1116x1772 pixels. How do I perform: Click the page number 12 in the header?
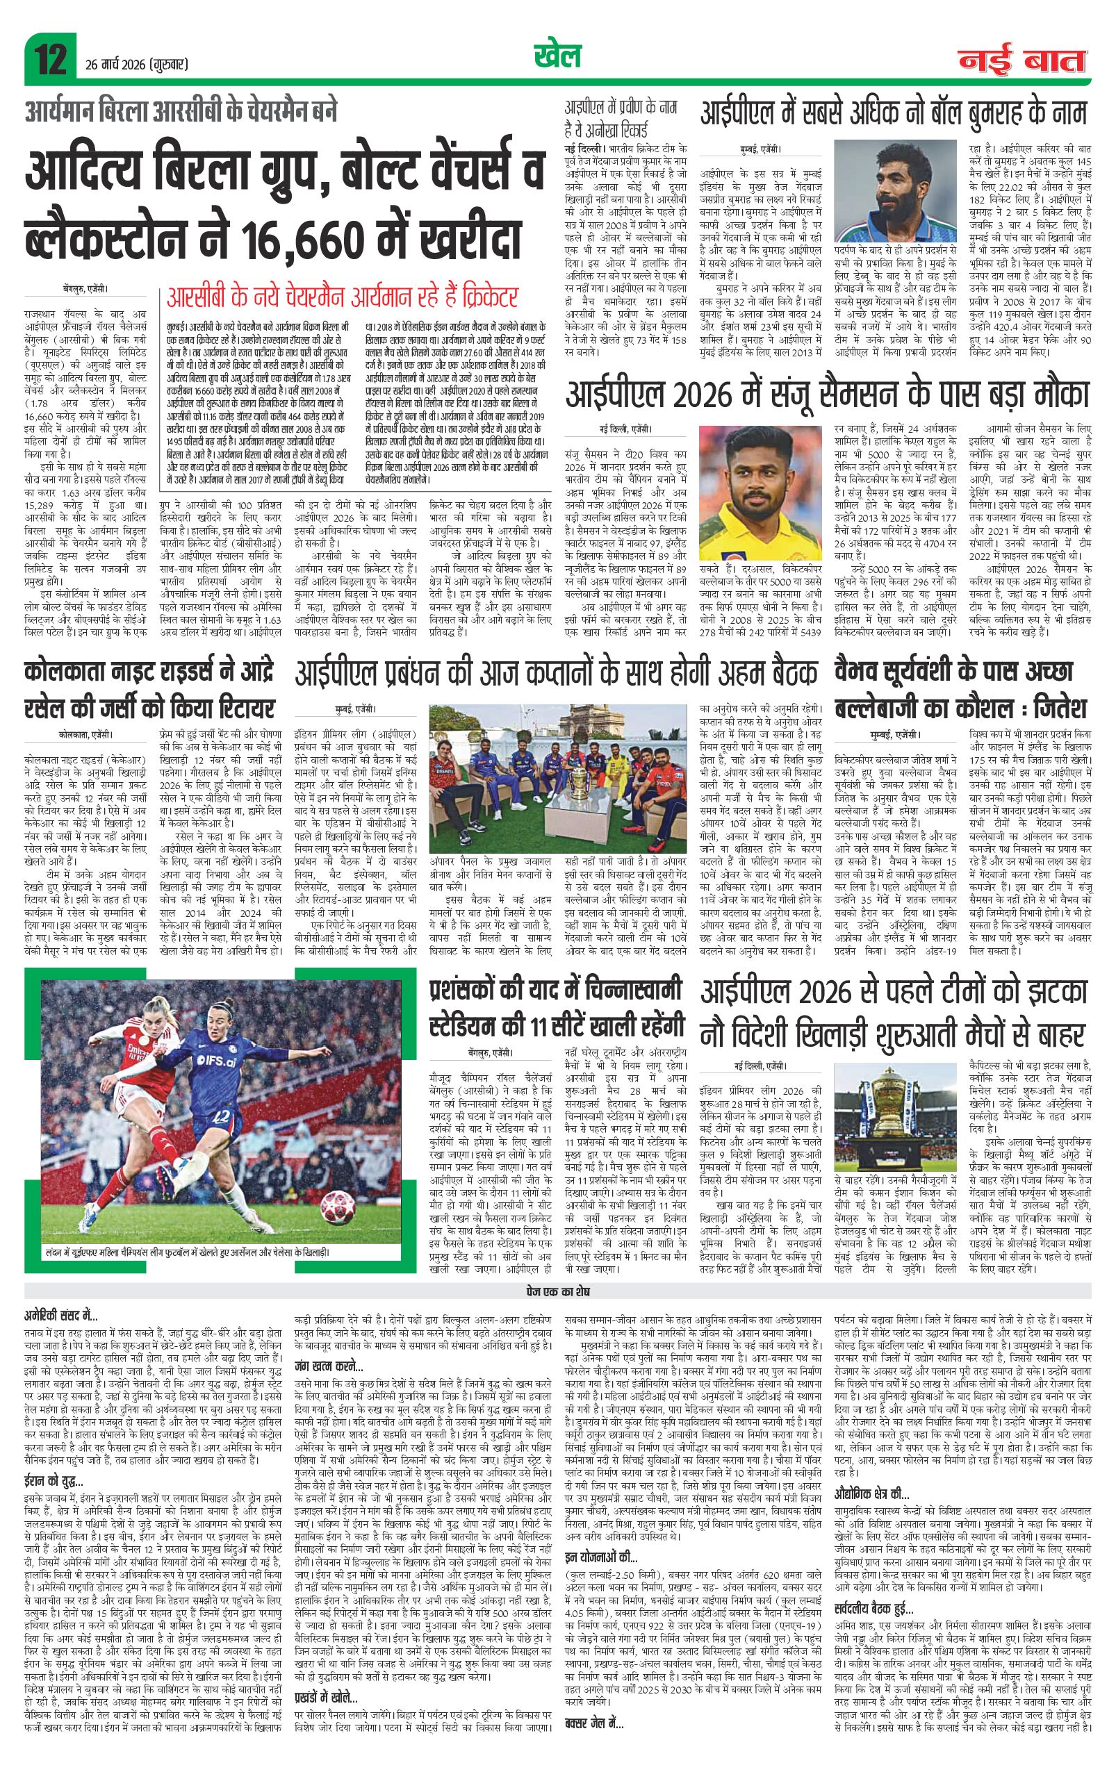tap(49, 57)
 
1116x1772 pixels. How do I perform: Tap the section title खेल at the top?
tap(557, 56)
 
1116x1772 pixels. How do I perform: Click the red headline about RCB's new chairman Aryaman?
tap(343, 298)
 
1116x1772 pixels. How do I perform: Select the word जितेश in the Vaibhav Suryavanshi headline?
tap(1053, 711)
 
